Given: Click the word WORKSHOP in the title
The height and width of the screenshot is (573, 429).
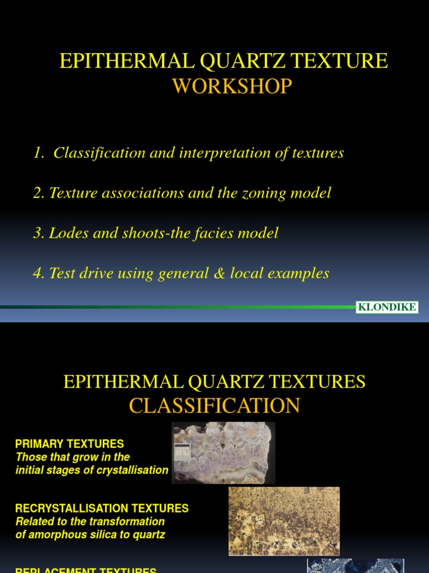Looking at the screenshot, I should (x=232, y=87).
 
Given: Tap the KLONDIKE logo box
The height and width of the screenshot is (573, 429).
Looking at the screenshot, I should (x=387, y=307).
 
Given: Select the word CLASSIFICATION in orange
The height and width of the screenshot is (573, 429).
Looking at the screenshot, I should (x=214, y=406).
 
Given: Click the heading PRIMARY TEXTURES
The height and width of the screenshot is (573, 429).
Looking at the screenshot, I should (x=69, y=444).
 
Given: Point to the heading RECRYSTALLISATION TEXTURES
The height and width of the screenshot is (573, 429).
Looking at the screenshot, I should (x=102, y=509).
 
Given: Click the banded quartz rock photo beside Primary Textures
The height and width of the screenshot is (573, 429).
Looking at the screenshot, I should (x=223, y=453).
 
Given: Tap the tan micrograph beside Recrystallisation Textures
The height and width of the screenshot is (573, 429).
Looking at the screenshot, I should (x=284, y=520).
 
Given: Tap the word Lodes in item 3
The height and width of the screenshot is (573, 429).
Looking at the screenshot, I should (x=65, y=233).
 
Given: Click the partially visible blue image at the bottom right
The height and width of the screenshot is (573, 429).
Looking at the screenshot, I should (x=355, y=565).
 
